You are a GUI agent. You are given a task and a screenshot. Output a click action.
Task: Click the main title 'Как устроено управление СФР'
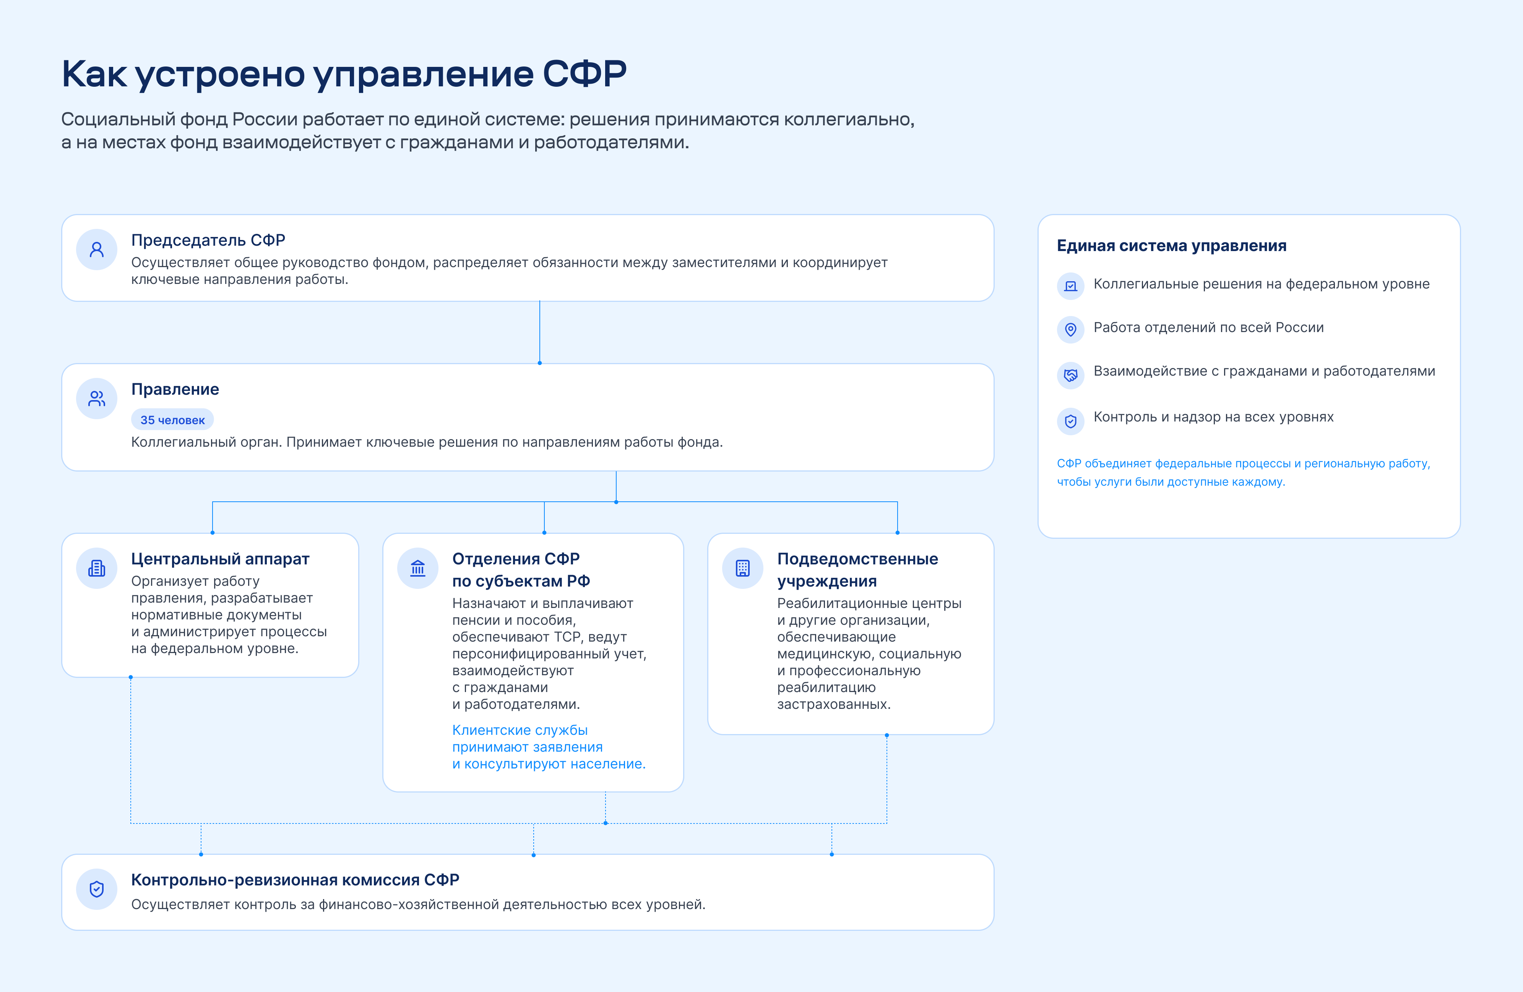click(344, 74)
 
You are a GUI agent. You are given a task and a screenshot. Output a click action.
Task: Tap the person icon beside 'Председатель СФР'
click(97, 250)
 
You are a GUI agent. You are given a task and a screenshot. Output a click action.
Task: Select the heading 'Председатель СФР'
click(208, 240)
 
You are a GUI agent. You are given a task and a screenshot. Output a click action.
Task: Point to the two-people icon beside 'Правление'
click(97, 399)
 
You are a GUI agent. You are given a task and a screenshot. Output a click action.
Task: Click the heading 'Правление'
click(175, 389)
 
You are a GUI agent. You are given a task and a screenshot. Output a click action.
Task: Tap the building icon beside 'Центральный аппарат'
click(97, 568)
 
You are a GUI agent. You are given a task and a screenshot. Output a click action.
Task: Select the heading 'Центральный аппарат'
click(220, 559)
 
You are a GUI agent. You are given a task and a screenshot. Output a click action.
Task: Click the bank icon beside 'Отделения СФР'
click(418, 568)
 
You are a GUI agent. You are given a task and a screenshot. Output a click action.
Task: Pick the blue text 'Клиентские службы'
click(520, 730)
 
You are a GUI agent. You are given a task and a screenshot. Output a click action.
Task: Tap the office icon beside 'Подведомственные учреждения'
click(743, 568)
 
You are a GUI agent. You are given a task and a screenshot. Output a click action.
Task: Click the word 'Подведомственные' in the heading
click(857, 559)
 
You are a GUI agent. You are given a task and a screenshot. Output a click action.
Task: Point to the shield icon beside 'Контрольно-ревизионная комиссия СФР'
click(97, 889)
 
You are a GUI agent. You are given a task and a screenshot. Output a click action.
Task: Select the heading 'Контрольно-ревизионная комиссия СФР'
click(295, 880)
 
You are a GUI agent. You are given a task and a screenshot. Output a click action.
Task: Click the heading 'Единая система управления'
click(1171, 246)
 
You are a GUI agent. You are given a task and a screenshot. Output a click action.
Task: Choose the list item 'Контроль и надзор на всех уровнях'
click(1213, 417)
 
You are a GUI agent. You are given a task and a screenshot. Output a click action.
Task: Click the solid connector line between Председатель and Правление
click(539, 332)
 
